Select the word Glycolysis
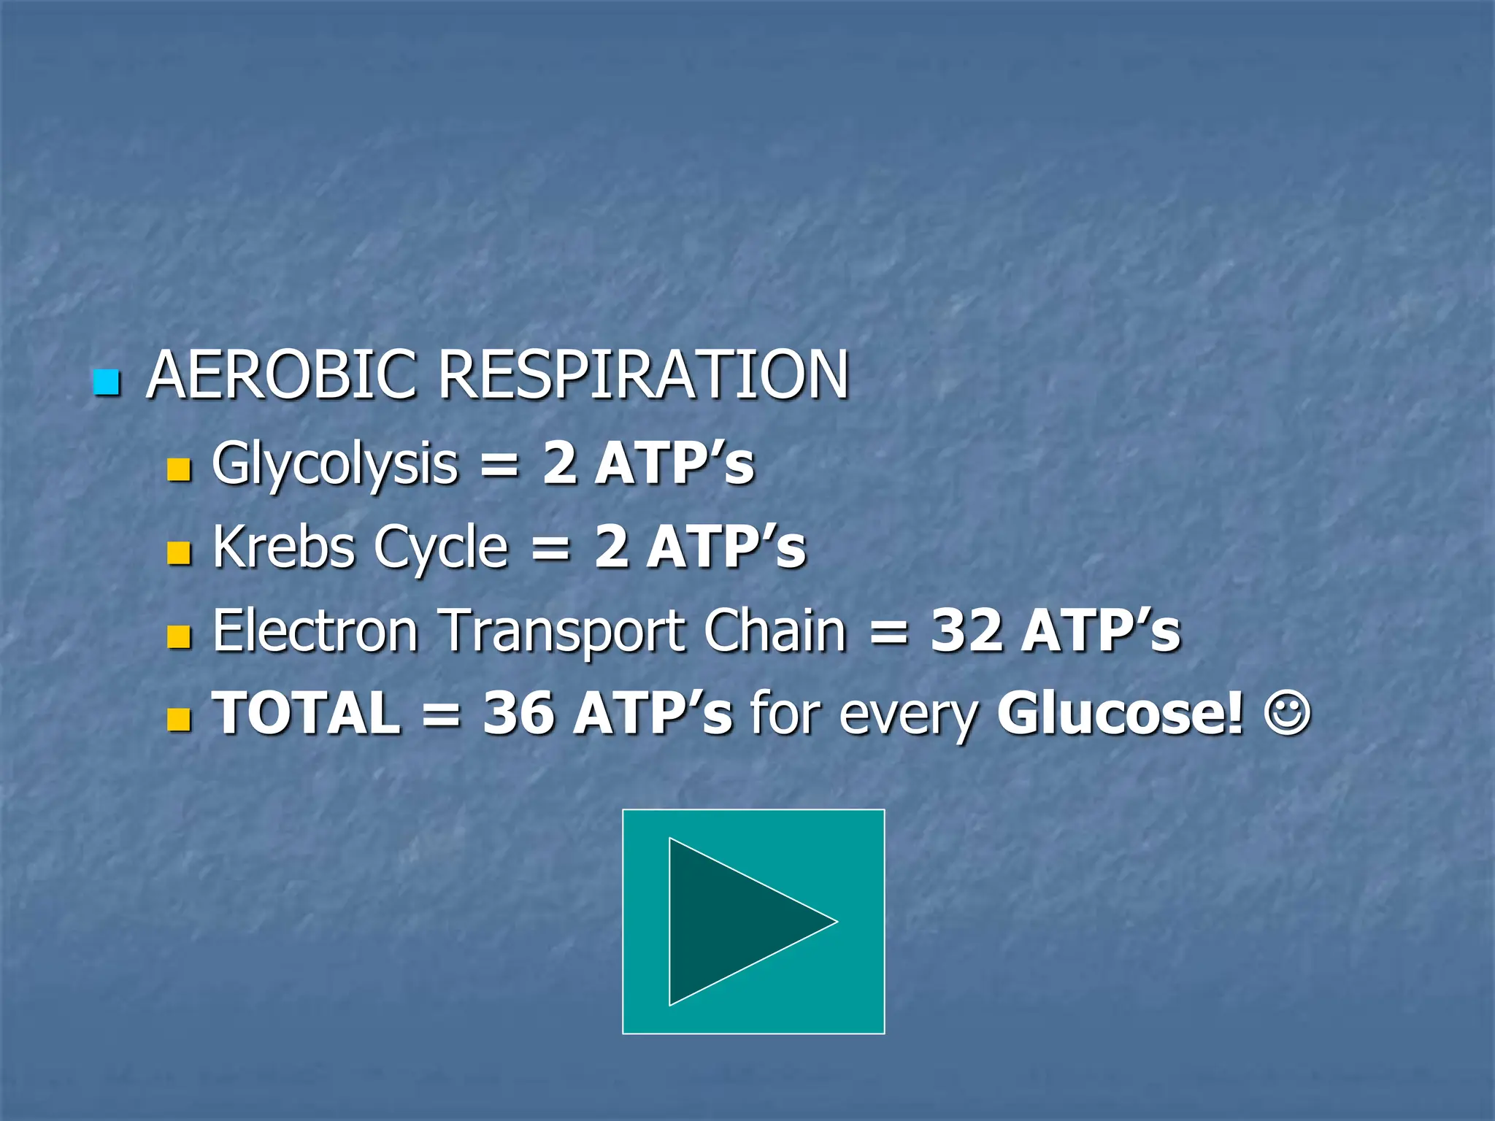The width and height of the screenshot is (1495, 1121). tap(334, 465)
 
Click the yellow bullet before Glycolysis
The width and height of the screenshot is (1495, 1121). tap(178, 469)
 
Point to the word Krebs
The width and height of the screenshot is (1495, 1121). tap(283, 547)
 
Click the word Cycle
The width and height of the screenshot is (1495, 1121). tap(440, 547)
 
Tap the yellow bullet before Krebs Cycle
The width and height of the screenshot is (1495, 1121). tap(178, 553)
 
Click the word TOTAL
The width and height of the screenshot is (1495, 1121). tap(307, 713)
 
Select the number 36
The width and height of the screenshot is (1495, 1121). tap(518, 713)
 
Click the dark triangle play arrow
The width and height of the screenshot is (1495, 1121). tap(737, 921)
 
